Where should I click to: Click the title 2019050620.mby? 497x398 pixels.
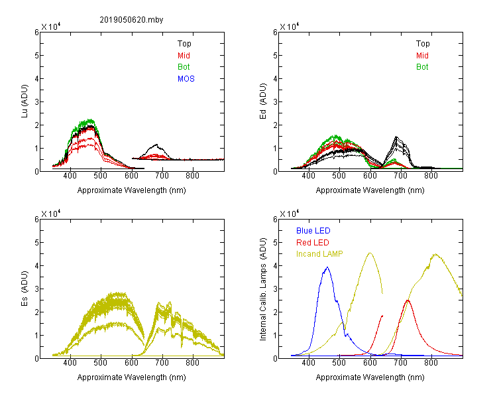click(x=131, y=20)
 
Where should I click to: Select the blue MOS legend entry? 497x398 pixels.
click(x=186, y=79)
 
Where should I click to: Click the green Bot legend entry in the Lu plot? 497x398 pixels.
click(x=184, y=67)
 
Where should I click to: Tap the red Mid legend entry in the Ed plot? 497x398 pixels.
click(x=422, y=56)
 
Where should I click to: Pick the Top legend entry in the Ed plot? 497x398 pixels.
click(x=423, y=44)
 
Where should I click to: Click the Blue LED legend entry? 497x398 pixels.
click(x=313, y=231)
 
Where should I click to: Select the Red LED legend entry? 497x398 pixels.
click(x=313, y=243)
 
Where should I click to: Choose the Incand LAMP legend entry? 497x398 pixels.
click(x=319, y=254)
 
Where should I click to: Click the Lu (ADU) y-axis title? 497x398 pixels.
click(x=25, y=101)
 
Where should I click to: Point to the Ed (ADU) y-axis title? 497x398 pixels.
click(x=263, y=101)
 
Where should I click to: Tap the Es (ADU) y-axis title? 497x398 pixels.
click(x=25, y=289)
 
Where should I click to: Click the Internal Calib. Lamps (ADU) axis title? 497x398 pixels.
click(x=263, y=289)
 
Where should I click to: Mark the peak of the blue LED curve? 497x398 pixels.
click(x=327, y=267)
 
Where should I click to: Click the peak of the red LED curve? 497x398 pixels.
click(x=408, y=300)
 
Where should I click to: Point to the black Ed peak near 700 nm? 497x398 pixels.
click(x=396, y=137)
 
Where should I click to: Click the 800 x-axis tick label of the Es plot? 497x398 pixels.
click(x=193, y=362)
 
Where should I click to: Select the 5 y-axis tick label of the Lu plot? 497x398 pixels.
click(x=37, y=56)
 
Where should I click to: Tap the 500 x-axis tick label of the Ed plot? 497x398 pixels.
click(x=339, y=176)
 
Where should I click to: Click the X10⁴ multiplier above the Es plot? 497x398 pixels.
click(x=51, y=214)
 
